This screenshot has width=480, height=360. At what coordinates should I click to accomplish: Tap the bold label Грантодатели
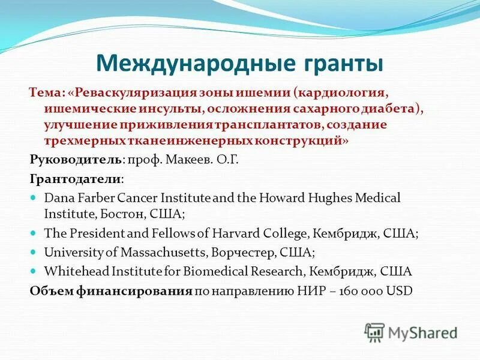point(76,179)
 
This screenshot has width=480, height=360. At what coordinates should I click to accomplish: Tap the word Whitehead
point(72,271)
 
